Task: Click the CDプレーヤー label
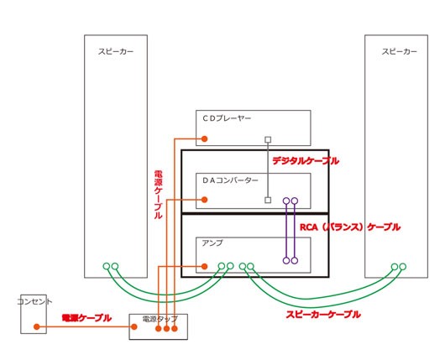227,118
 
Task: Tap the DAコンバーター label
230,180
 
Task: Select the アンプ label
212,243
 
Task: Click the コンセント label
34,301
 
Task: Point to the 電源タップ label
160,319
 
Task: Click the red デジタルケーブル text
306,161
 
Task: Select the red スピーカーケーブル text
323,315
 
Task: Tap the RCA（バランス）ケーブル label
350,227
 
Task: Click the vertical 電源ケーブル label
158,195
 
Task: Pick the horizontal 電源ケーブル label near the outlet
86,318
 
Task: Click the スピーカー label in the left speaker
116,52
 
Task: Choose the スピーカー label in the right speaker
400,52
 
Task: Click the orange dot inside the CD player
204,138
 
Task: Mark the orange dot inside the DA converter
204,200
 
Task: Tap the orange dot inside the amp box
204,266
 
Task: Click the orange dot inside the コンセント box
37,326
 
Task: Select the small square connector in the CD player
268,139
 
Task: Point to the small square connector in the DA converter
268,201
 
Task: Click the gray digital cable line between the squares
268,170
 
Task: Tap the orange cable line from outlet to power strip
86,326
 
